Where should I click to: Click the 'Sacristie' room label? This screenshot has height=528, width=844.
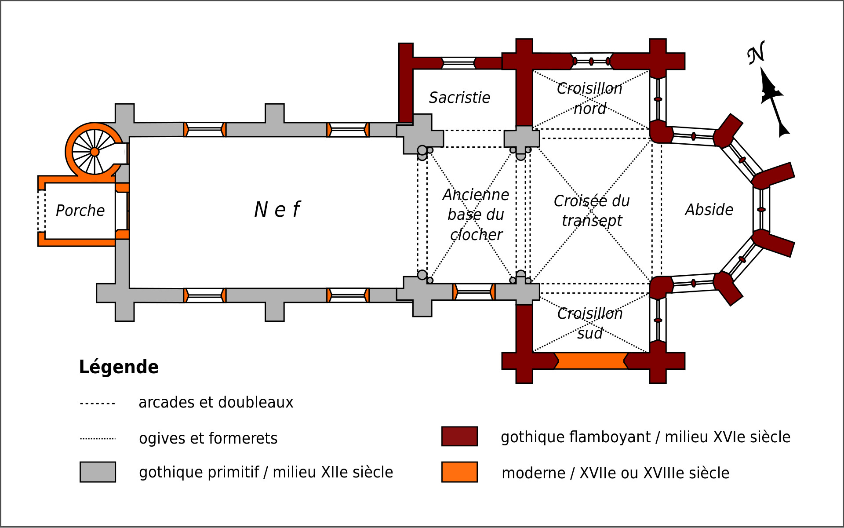(459, 98)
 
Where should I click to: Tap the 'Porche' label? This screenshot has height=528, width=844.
(80, 211)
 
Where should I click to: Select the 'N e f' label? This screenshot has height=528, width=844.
(277, 210)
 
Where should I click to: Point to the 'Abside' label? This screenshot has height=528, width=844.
(709, 210)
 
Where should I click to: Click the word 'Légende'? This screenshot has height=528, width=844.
(119, 367)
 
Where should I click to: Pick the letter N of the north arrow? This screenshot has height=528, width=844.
(757, 53)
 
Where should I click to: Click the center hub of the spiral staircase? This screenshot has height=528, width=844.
(95, 152)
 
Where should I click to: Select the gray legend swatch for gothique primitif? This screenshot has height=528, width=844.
(98, 472)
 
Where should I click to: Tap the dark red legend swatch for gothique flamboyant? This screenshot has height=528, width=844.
(459, 436)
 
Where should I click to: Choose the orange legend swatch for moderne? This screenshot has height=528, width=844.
(459, 472)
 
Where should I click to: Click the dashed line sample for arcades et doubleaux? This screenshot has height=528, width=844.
(98, 403)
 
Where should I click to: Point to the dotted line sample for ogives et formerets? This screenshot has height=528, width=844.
(98, 438)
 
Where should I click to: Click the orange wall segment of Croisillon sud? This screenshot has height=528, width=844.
(591, 360)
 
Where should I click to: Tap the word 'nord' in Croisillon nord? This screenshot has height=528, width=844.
(590, 109)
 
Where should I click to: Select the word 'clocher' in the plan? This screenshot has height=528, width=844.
(476, 235)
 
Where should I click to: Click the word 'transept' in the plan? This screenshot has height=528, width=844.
(592, 220)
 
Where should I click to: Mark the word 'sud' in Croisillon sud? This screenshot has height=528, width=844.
(590, 333)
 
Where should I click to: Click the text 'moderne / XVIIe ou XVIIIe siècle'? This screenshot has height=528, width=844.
(615, 473)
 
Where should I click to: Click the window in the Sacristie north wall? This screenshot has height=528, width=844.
(458, 63)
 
